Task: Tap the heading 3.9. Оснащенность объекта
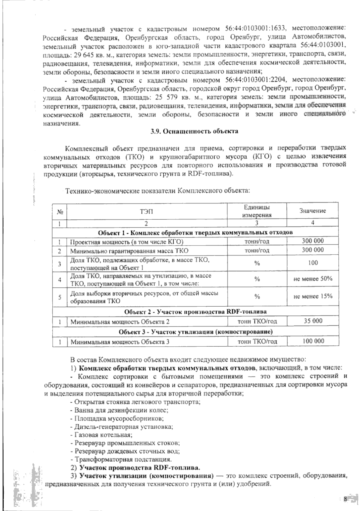194,131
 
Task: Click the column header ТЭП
146,211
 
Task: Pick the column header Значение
313,211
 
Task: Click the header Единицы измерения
257,211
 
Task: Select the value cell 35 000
313,321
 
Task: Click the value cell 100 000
313,341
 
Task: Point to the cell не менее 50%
313,279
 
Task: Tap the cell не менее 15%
313,296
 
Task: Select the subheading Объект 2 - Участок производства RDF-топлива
196,311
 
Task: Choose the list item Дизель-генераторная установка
121,426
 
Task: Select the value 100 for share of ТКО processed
313,263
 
